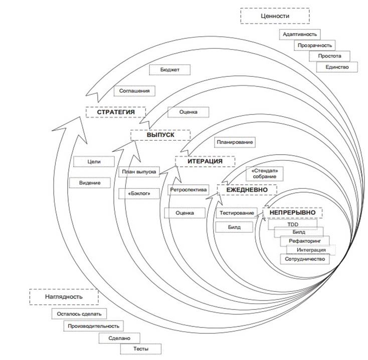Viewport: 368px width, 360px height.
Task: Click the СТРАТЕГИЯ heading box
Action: [x=116, y=112]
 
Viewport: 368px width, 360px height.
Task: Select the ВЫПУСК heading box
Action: [x=160, y=135]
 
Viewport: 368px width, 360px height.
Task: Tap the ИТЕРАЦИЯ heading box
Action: [x=205, y=161]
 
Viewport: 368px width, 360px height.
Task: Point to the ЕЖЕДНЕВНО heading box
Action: [x=247, y=190]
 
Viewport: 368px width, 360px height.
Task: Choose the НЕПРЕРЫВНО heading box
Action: [x=292, y=213]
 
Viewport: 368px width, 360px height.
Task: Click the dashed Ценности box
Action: [x=275, y=16]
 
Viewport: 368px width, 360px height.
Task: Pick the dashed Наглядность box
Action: [x=63, y=296]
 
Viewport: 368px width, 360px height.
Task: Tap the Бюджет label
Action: [x=170, y=70]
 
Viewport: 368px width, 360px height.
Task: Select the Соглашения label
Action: [x=134, y=91]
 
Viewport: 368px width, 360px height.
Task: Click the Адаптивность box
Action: [x=299, y=35]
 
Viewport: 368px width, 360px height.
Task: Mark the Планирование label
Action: [x=235, y=142]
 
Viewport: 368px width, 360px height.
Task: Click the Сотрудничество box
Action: [x=305, y=259]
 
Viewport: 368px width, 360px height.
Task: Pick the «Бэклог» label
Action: [x=139, y=192]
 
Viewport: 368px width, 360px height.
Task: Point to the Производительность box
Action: [x=94, y=326]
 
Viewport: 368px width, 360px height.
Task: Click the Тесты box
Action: [x=140, y=349]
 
